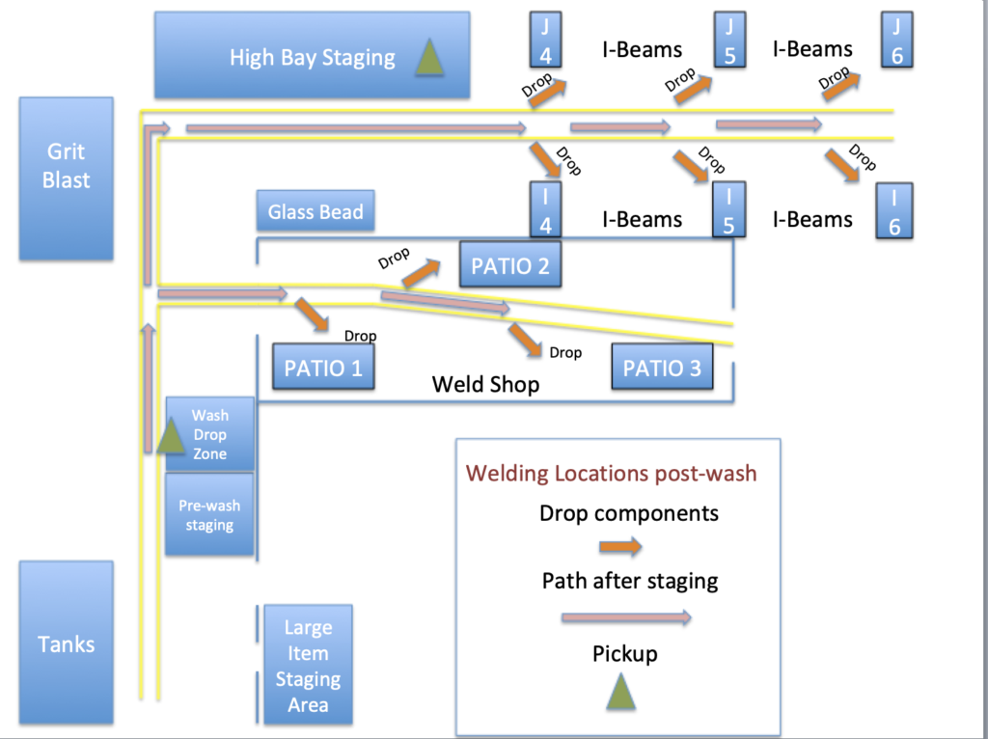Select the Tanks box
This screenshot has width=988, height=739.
(x=66, y=643)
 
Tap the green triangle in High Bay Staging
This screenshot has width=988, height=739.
(x=429, y=59)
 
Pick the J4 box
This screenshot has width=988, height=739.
(x=545, y=41)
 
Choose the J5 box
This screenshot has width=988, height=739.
(x=729, y=41)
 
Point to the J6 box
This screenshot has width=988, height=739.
(x=896, y=41)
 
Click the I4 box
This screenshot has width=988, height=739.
(x=545, y=210)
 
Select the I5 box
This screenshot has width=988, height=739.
(x=729, y=210)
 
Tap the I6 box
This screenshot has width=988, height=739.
(x=894, y=210)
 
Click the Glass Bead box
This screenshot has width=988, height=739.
(x=316, y=211)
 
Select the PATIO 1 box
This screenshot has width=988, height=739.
(x=323, y=368)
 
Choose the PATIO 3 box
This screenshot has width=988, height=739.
(x=662, y=368)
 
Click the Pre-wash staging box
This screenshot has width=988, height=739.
(x=209, y=515)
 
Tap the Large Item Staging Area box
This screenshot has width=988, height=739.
(x=307, y=666)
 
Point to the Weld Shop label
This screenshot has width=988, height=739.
(x=485, y=384)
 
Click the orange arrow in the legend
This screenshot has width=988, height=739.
(x=619, y=548)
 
